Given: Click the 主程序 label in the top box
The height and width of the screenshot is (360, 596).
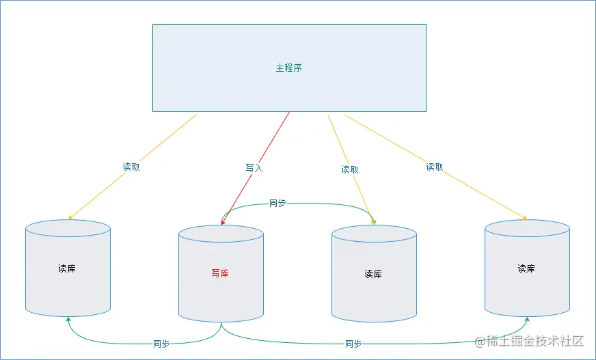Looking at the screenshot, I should click(288, 68).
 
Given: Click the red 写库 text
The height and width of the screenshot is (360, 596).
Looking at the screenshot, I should click(220, 274).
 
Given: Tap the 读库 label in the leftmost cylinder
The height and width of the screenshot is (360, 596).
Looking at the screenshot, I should click(67, 268).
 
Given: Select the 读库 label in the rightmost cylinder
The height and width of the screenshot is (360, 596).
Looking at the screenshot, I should click(526, 268).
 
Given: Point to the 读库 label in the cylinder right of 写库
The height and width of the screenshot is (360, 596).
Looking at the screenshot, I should click(373, 274).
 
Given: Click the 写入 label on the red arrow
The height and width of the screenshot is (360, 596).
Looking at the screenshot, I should click(254, 167).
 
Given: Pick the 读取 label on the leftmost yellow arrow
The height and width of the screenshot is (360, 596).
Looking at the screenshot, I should click(131, 167).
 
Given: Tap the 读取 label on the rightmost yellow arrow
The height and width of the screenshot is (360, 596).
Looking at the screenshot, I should click(435, 167).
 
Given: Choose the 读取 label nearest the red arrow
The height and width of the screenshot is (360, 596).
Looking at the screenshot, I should click(350, 169).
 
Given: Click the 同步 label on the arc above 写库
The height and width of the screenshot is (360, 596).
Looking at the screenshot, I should click(277, 203).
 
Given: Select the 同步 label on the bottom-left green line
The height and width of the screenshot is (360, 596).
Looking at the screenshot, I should click(161, 344).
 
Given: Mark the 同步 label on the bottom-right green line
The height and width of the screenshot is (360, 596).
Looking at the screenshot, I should click(353, 344).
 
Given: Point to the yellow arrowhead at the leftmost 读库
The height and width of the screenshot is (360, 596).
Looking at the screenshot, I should click(70, 218).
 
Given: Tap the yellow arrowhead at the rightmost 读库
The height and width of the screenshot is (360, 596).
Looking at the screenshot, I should click(525, 219).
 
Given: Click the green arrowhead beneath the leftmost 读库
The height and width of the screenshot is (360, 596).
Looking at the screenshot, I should click(68, 319).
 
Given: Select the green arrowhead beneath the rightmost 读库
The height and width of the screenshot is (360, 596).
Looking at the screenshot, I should click(527, 319).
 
